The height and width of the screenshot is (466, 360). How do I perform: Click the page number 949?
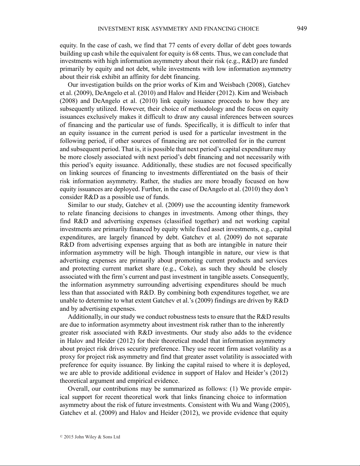point(302,29)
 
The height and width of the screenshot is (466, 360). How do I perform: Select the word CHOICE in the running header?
point(249,29)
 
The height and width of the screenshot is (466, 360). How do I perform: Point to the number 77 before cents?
point(172,45)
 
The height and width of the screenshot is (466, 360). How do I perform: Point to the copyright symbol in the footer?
point(61,437)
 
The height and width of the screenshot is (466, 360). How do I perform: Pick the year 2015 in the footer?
point(68,437)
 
